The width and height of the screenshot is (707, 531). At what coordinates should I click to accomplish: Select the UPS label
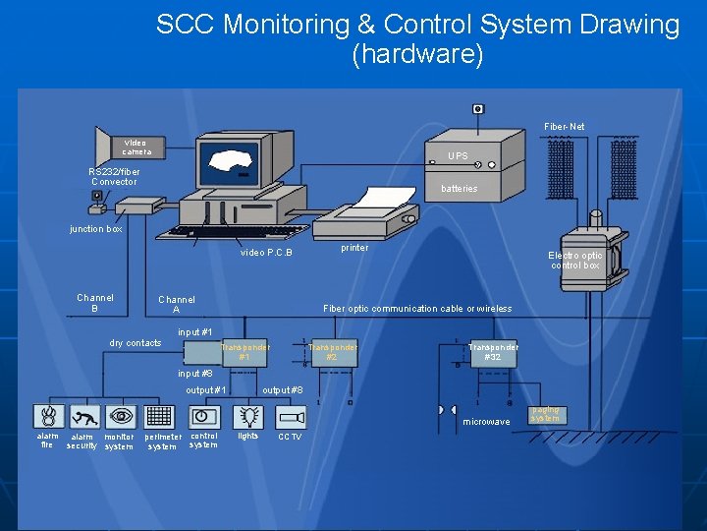[458, 156]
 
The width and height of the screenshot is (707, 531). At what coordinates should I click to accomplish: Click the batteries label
[459, 189]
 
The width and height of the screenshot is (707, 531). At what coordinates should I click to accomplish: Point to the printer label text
[354, 248]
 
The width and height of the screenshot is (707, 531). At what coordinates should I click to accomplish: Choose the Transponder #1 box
[245, 353]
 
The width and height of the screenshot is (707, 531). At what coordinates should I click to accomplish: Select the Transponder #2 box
[333, 352]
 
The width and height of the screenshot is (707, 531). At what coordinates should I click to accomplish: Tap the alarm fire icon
[47, 416]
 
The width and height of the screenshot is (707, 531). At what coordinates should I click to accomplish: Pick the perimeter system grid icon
[158, 416]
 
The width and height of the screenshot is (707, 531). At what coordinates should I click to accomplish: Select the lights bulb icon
[248, 416]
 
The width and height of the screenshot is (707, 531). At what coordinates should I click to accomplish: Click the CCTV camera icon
[292, 416]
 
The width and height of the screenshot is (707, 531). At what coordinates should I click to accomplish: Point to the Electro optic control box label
[575, 260]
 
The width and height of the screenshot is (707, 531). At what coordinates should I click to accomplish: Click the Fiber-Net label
[565, 127]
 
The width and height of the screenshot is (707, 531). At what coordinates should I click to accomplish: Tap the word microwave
[486, 422]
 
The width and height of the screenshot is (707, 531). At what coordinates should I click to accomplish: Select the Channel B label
[95, 303]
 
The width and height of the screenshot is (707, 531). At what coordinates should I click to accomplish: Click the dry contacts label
[136, 343]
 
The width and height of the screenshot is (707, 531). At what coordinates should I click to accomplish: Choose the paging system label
[545, 414]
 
